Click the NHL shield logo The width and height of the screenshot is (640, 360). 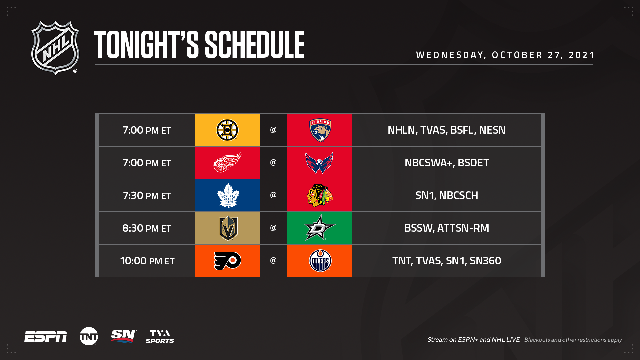[55, 48]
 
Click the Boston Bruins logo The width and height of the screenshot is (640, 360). [227, 130]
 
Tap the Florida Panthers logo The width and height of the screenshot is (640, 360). [320, 130]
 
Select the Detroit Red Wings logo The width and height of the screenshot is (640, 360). [227, 162]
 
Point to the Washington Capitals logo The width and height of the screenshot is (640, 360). [319, 163]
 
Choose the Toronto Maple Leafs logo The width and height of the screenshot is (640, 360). [228, 195]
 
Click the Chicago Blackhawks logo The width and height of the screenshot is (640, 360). [320, 195]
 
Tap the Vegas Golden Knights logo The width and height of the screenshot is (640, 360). [228, 228]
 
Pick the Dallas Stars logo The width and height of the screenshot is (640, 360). [320, 228]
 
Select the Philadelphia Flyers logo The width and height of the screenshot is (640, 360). [227, 261]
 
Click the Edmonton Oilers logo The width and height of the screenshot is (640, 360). [320, 261]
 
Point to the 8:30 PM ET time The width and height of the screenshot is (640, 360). [147, 228]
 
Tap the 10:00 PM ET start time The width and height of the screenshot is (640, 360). [147, 261]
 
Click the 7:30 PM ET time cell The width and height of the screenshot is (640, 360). [147, 195]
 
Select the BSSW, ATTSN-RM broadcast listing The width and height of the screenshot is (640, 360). [447, 228]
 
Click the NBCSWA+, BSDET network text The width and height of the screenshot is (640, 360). [447, 163]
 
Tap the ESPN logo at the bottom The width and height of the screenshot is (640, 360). [45, 337]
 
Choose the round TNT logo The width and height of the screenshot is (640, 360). [89, 336]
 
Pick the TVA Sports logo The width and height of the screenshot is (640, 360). [160, 337]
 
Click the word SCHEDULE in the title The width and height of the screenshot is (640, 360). [254, 45]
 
